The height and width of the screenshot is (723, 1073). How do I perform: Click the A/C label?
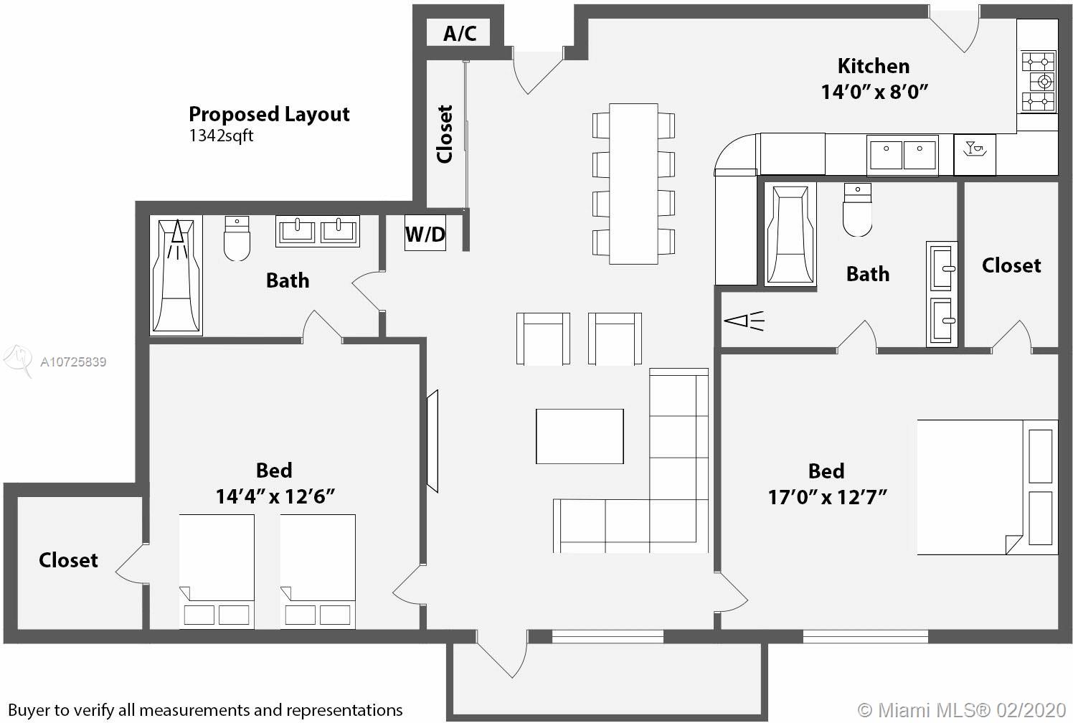click(460, 33)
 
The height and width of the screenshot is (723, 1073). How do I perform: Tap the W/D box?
click(425, 233)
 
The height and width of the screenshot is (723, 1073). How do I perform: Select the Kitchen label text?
click(874, 66)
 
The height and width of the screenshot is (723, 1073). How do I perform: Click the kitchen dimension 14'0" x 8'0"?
click(875, 92)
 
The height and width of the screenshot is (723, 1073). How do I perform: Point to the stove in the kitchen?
click(1038, 82)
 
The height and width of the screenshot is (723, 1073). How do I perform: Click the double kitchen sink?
click(902, 154)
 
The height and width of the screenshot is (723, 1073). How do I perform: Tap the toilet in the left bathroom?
click(237, 238)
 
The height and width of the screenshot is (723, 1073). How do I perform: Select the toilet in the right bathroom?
click(857, 210)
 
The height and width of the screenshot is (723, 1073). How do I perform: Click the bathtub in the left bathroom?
click(176, 275)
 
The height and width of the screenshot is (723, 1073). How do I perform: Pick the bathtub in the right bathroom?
click(790, 235)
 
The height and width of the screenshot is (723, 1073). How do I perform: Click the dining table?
click(633, 184)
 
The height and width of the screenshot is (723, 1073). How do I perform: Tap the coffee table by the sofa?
click(580, 436)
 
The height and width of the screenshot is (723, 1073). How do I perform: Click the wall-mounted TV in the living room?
click(432, 441)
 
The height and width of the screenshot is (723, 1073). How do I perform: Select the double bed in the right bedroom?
click(987, 487)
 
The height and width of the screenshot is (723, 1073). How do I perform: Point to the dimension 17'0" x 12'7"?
click(827, 497)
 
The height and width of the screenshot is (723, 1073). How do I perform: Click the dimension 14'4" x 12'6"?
click(275, 496)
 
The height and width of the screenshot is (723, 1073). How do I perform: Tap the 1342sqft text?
click(221, 136)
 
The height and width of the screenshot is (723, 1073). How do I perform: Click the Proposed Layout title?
click(269, 115)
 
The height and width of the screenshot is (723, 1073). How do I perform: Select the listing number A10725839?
click(73, 361)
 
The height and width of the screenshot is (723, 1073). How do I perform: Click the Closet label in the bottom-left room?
click(69, 560)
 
